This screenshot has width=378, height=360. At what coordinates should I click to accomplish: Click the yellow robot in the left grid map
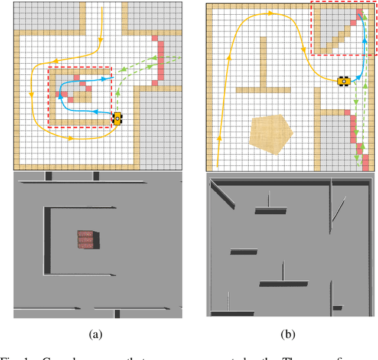coord(118,118)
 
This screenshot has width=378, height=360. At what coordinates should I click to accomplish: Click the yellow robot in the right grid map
coord(343,81)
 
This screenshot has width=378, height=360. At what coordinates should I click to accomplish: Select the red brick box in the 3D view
coord(87,240)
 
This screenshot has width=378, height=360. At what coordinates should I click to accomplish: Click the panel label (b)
coord(288,335)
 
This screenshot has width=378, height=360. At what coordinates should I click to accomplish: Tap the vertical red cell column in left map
coord(159,61)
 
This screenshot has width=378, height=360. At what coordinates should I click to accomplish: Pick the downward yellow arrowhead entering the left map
coord(101,40)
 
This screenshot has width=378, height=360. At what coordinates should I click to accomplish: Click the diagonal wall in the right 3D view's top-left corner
coord(222,194)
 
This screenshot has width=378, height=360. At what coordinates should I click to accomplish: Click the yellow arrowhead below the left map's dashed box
coord(71,139)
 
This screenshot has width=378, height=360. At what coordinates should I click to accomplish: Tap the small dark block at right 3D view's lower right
coord(337,307)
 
